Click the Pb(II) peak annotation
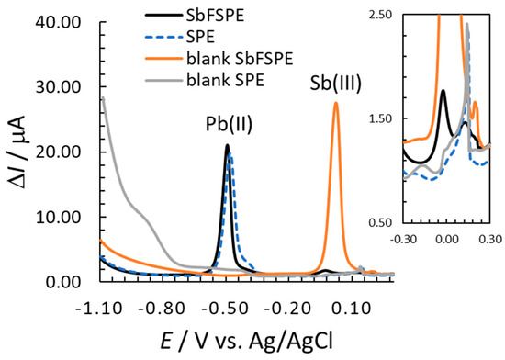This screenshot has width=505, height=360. point(224,126)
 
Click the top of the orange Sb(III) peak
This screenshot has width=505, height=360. point(336,102)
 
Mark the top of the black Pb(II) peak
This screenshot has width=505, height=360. point(227,145)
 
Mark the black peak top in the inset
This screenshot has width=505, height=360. point(443,90)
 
